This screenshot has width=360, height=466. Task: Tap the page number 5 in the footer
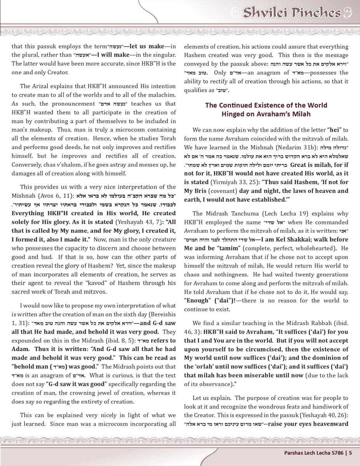[x=350, y=452]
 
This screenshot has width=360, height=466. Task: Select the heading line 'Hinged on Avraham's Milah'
[x=266, y=114]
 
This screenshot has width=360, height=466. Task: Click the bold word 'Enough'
[x=197, y=301]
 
